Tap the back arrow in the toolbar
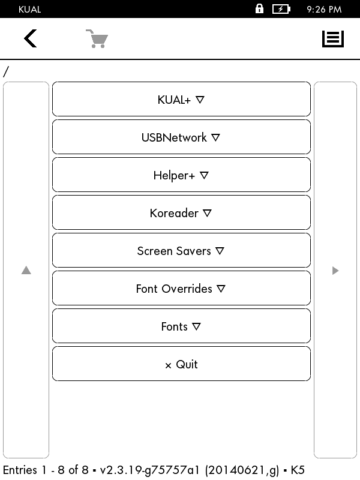point(31,38)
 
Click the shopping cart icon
point(97,38)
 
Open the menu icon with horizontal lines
point(333,39)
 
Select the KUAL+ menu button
point(181,99)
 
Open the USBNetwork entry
point(181,137)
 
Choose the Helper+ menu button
point(181,175)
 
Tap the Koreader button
point(181,213)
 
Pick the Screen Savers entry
point(181,250)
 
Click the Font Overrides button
point(181,289)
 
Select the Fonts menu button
point(181,326)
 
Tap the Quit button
point(181,364)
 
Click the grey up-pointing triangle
point(26,271)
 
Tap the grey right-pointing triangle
point(335,271)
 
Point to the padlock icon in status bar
point(259,8)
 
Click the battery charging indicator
point(281,9)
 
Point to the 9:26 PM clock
point(324,10)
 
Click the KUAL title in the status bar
point(29,10)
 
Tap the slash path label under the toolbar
point(6,72)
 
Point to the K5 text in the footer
point(298,470)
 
